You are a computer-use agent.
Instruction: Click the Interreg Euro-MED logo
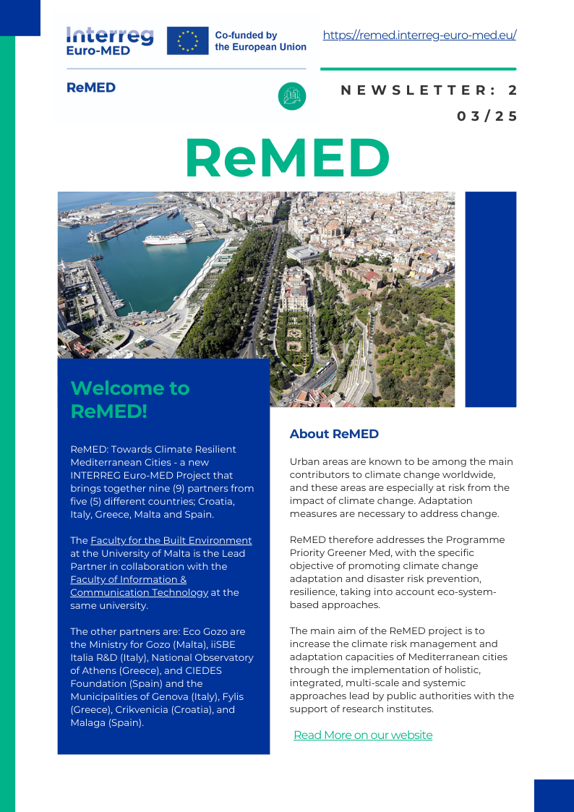click(109, 40)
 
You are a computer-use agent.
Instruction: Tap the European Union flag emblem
click(187, 40)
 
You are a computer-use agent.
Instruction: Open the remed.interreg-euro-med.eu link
click(419, 35)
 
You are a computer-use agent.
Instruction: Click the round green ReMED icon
click(292, 96)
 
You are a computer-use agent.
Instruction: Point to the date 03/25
click(487, 116)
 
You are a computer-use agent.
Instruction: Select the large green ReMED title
click(287, 158)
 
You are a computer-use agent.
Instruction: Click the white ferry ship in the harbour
click(167, 239)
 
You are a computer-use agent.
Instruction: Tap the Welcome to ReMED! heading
click(130, 399)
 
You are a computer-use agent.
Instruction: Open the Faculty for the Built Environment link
click(171, 540)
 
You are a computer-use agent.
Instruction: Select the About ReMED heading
click(334, 434)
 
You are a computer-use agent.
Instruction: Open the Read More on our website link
click(363, 735)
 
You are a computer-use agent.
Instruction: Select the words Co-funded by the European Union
click(260, 40)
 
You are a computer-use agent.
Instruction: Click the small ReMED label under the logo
click(91, 87)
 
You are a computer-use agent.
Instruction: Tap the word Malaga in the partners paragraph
click(88, 722)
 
